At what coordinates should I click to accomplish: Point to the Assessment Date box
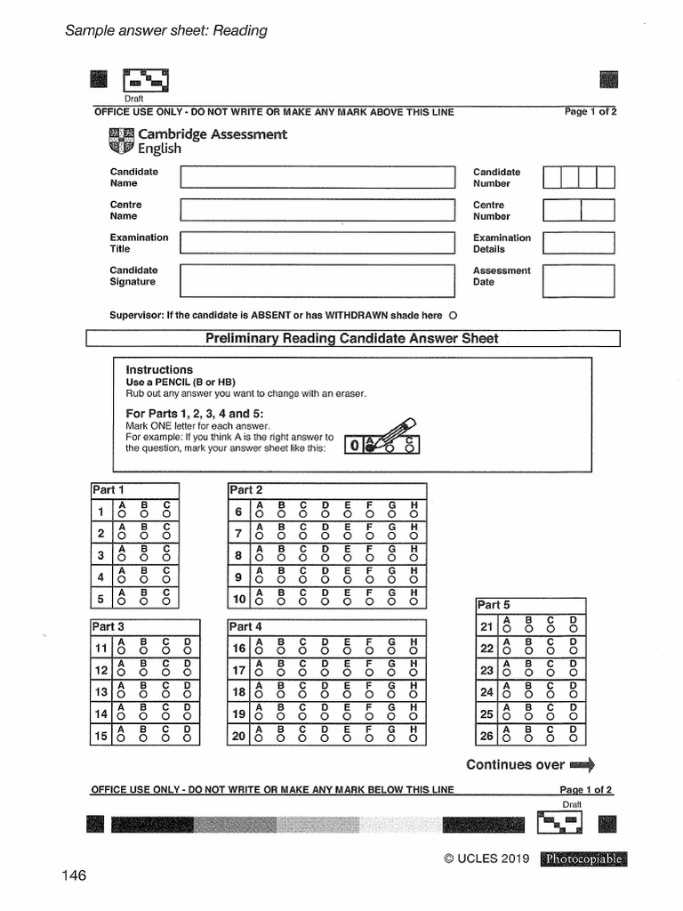coord(578,278)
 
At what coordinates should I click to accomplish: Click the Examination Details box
coord(578,243)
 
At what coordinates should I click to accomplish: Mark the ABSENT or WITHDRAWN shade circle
coord(454,316)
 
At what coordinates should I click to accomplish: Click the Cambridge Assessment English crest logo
coord(121,141)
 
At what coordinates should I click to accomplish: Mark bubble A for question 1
coord(122,513)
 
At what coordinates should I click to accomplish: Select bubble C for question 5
coord(165,601)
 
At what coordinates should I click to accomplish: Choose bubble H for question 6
coord(414,513)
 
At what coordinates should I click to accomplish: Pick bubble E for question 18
coord(347,694)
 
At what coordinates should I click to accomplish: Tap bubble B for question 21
coord(529,630)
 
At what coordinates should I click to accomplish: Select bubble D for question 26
coord(574,738)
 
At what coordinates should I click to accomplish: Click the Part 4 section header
coord(246,626)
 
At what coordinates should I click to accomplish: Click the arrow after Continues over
coord(582,764)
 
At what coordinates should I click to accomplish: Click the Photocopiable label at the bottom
coord(583,859)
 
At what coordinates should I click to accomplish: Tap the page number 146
coord(75,876)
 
